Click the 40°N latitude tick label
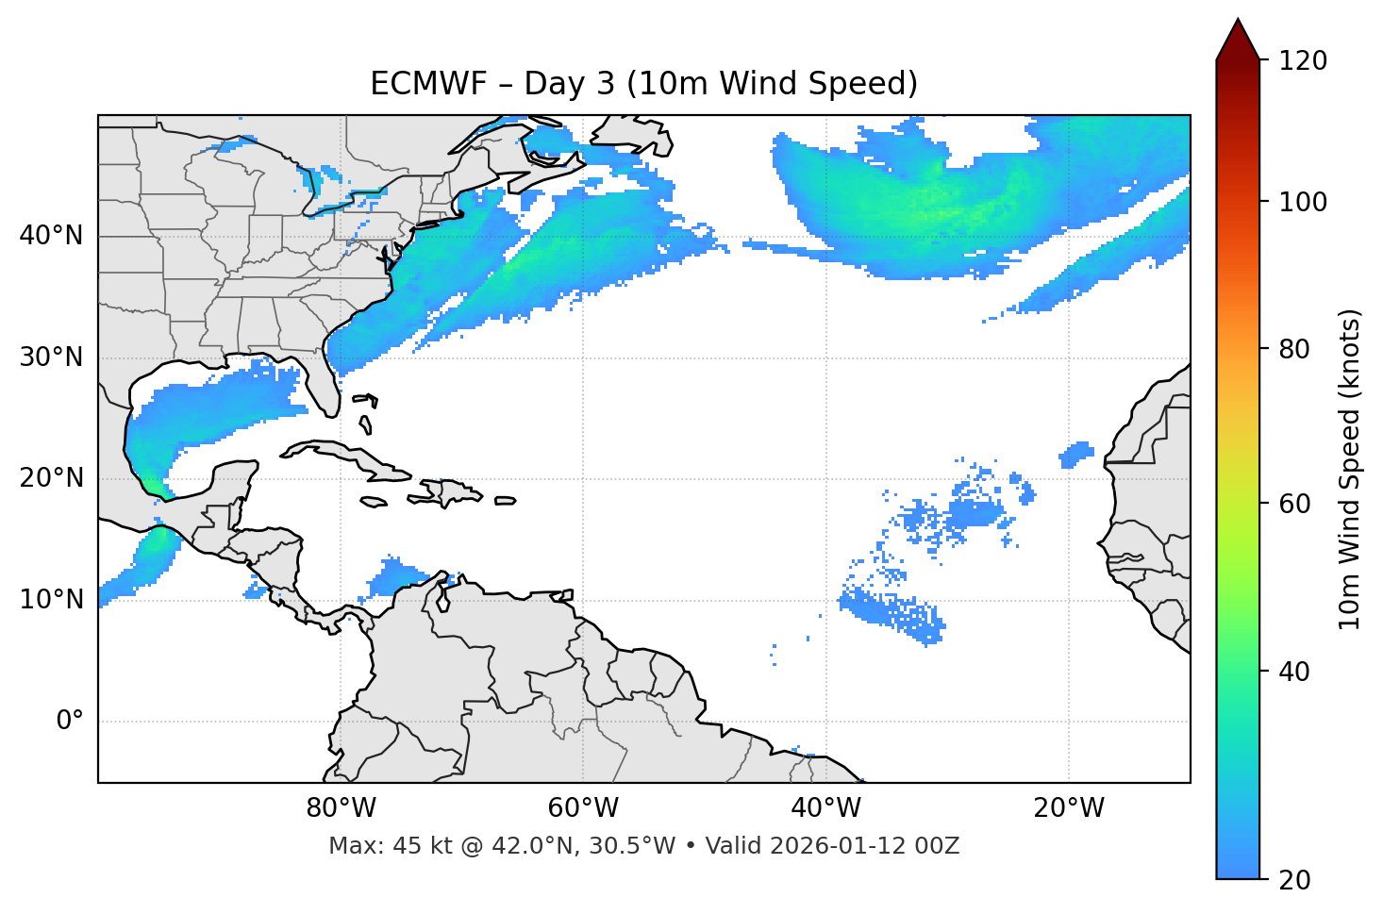tap(51, 236)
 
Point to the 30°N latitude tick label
tap(51, 357)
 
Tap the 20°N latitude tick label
tap(51, 478)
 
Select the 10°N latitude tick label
tap(51, 600)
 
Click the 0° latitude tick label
tap(70, 722)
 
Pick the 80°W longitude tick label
tap(341, 808)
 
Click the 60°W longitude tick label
tap(583, 808)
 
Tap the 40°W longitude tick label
tap(826, 808)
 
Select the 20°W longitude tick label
tap(1069, 808)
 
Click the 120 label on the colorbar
tap(1303, 60)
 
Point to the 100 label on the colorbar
tap(1303, 202)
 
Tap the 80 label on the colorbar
tap(1296, 349)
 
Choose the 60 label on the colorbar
tap(1296, 504)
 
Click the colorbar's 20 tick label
tap(1296, 880)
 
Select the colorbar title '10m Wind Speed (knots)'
tap(1351, 470)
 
